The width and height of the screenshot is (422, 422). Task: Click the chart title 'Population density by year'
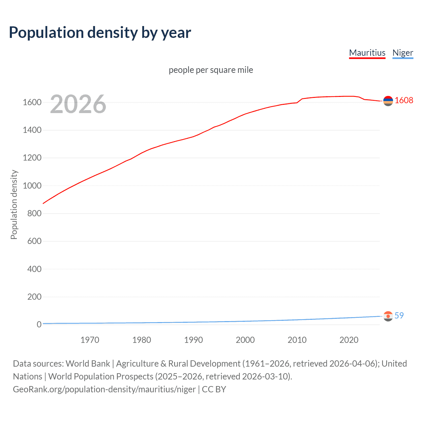click(100, 33)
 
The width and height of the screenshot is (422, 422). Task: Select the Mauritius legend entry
click(367, 53)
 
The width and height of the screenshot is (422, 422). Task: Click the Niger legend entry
click(403, 53)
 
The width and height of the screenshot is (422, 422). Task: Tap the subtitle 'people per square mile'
click(211, 70)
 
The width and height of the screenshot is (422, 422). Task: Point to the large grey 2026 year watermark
click(78, 104)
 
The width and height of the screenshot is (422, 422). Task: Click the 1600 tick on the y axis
click(32, 102)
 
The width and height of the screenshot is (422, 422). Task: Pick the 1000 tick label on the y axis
click(32, 186)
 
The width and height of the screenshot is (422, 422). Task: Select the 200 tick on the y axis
click(34, 297)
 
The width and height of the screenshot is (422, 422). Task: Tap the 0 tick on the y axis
click(39, 324)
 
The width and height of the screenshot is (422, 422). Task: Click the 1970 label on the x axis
click(90, 340)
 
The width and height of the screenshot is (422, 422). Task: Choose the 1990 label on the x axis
click(194, 340)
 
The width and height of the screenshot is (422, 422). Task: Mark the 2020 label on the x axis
click(349, 340)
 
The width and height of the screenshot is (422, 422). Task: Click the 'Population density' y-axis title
click(14, 204)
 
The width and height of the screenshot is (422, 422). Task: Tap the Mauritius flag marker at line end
click(388, 101)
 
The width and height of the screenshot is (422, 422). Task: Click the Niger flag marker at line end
click(388, 316)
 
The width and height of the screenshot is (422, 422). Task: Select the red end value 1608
click(404, 100)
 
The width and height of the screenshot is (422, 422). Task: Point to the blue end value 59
click(399, 316)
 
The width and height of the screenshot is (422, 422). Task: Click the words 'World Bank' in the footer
click(88, 363)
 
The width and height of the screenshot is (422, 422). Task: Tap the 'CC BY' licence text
click(214, 389)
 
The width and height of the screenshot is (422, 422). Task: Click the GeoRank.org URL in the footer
click(104, 389)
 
